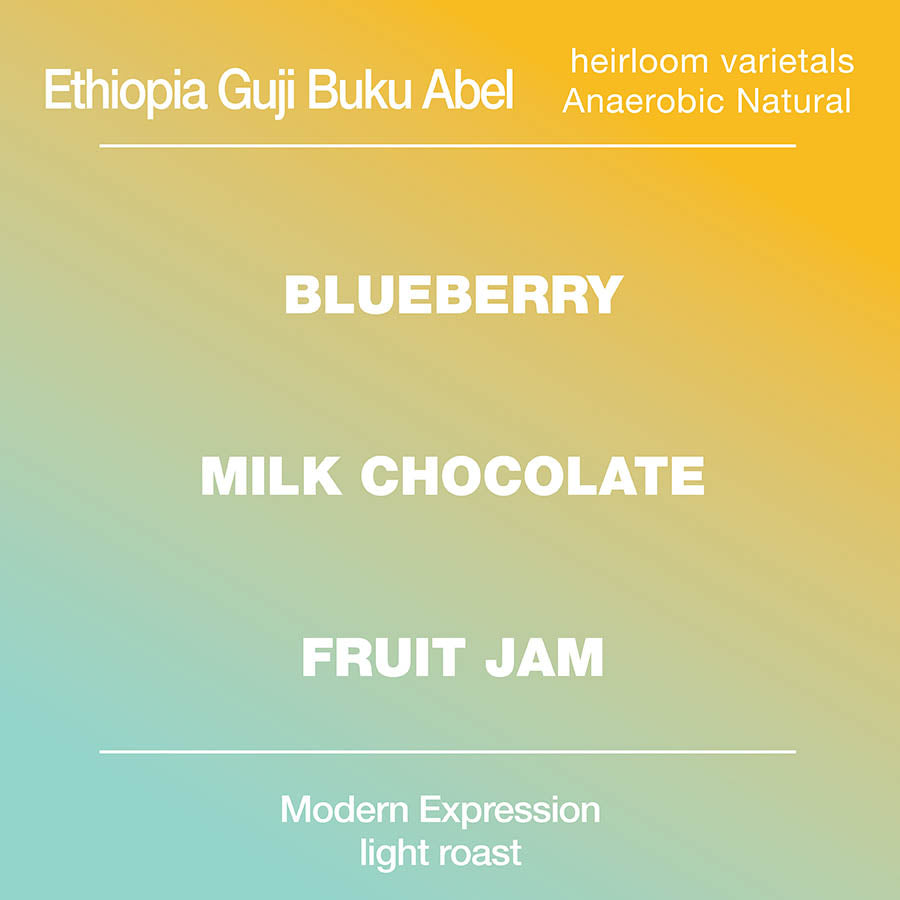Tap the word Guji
255,92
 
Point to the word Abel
467,90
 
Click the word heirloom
639,61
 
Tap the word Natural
794,101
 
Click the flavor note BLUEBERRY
453,294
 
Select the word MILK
271,476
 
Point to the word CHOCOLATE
532,476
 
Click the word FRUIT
383,657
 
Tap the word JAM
544,657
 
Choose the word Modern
344,810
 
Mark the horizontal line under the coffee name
448,146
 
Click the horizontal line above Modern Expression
448,751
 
